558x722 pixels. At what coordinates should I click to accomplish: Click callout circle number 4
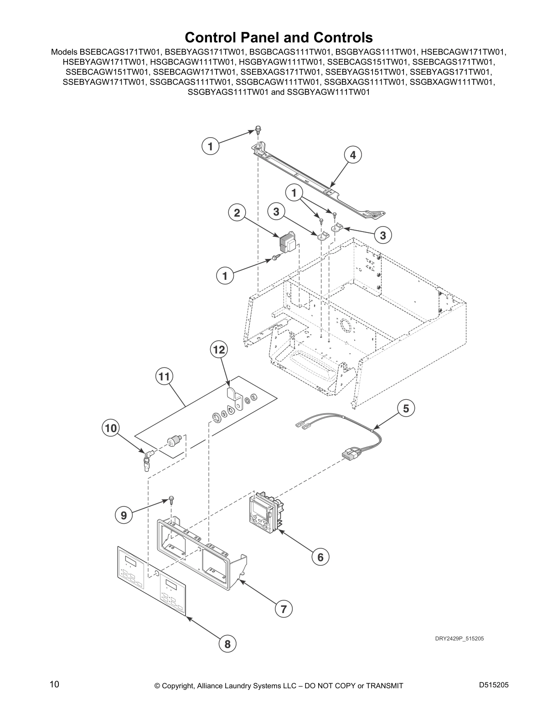[x=352, y=155]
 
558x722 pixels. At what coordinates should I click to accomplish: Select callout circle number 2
[x=237, y=213]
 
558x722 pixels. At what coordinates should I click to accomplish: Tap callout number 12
[x=219, y=350]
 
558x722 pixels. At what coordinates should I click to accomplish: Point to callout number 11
[x=165, y=377]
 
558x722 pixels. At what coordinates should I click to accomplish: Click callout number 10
[x=111, y=428]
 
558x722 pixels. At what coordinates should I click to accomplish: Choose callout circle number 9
[x=124, y=516]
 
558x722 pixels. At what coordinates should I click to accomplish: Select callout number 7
[x=284, y=609]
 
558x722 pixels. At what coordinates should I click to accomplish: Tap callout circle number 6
[x=320, y=557]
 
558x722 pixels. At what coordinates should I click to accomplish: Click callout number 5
[x=406, y=409]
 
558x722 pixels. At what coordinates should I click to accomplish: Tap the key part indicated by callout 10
[x=147, y=459]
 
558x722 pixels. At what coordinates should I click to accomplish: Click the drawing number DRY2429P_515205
[x=459, y=639]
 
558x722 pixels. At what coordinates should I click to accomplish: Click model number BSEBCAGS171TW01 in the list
[x=120, y=52]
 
